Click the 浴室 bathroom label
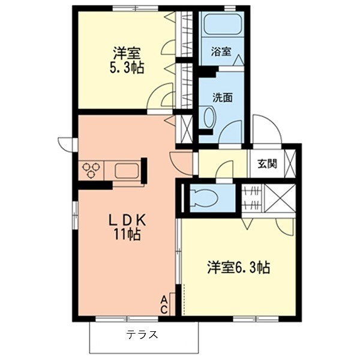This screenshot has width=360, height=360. point(220,52)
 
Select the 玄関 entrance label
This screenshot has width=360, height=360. point(267,163)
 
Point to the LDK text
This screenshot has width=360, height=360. point(127,220)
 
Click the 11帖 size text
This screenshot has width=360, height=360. point(127,235)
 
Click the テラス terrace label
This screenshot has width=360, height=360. point(142,335)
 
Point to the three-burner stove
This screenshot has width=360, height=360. point(92,170)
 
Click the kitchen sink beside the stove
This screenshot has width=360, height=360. point(127,170)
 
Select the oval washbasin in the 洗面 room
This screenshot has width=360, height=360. point(209,117)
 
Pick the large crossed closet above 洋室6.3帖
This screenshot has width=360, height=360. point(280,199)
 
